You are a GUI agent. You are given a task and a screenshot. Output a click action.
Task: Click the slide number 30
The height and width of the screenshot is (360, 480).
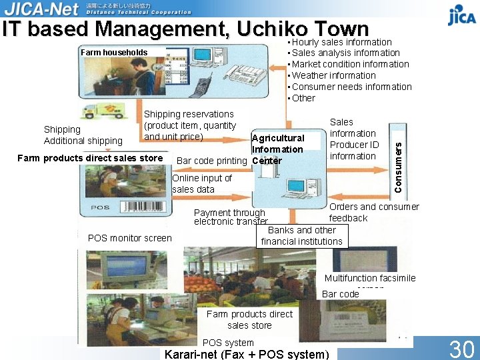[461, 349]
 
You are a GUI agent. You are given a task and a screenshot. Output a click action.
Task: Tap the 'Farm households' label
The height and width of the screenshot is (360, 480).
[113, 53]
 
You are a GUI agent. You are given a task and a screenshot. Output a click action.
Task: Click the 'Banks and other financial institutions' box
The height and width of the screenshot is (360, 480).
[302, 236]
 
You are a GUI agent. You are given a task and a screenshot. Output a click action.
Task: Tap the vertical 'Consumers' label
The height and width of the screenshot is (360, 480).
[398, 160]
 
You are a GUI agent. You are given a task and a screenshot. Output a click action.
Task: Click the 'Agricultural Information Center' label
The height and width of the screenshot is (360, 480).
[277, 149]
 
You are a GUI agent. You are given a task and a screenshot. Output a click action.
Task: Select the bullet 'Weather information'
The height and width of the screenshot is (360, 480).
[333, 75]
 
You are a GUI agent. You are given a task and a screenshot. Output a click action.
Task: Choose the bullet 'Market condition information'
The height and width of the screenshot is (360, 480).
[350, 64]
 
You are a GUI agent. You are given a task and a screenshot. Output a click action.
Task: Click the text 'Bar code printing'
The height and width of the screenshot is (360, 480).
[211, 161]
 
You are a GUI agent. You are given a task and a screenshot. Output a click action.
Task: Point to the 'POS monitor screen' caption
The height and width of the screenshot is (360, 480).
[129, 238]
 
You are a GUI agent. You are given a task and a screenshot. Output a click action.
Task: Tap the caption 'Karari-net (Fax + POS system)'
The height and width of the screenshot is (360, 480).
[247, 354]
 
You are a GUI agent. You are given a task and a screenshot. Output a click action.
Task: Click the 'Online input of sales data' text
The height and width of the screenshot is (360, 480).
[202, 183]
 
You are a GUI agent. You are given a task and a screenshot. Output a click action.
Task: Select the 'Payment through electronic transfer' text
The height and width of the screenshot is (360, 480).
[231, 217]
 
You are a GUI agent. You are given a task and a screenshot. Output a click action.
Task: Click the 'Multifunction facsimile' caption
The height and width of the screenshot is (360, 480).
[370, 278]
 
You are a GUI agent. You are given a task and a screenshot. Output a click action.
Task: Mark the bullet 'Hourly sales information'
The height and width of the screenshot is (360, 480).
[341, 42]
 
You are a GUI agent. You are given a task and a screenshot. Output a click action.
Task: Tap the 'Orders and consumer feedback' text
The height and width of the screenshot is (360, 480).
[373, 212]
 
